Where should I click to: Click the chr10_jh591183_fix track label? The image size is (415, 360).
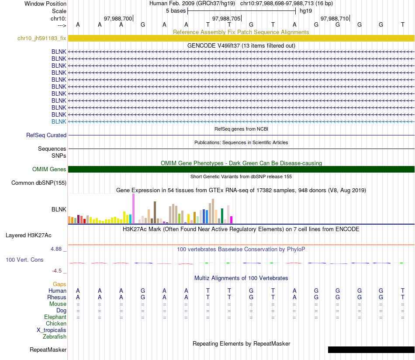42,38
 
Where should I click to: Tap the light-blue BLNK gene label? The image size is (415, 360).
59,121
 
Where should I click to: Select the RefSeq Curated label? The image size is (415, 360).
46,135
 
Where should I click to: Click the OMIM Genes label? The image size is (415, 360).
49,169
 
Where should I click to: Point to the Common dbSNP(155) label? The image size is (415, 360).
39,183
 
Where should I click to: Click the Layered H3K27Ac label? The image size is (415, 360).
28,235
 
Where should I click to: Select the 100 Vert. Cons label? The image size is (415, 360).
24,260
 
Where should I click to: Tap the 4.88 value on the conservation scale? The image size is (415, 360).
56,249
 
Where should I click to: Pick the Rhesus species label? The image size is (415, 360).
57,297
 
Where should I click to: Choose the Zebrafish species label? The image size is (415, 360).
55,336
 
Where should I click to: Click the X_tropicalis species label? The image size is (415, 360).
52,330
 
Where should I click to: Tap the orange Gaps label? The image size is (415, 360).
59,284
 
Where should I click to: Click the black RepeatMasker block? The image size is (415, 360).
371,350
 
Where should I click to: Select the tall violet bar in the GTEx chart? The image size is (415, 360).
133,208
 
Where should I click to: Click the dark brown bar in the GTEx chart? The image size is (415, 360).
155,213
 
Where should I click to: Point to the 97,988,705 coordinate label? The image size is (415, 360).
226,18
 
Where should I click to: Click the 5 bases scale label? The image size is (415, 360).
176,11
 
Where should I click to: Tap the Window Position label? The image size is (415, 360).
45,3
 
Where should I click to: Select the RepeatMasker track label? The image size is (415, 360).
48,350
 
